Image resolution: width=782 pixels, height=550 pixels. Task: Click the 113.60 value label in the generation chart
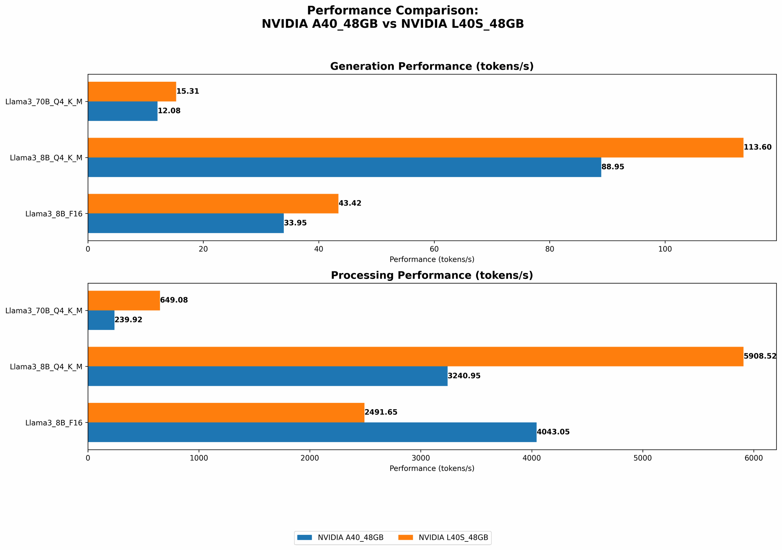point(757,147)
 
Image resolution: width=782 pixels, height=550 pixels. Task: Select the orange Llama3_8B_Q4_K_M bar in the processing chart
point(415,356)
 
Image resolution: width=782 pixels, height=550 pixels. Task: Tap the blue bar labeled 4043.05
point(312,432)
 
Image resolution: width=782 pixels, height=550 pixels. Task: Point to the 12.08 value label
point(169,111)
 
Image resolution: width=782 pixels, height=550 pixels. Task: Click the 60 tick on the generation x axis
point(434,249)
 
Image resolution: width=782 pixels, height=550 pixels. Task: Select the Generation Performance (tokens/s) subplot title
point(432,67)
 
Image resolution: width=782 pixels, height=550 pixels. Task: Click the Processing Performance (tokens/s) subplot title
point(432,275)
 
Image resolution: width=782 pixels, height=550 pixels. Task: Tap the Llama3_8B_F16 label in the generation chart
point(54,214)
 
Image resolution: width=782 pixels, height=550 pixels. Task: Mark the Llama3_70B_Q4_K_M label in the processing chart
point(44,311)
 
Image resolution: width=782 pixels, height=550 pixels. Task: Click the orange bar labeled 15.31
point(132,92)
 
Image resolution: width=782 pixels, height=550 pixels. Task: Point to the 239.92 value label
point(128,320)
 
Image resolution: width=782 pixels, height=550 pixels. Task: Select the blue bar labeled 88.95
point(344,167)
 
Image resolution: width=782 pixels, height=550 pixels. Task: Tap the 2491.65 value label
point(381,412)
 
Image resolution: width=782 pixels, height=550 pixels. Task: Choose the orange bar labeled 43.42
point(213,203)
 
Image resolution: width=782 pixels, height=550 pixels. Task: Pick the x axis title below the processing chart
point(432,469)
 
